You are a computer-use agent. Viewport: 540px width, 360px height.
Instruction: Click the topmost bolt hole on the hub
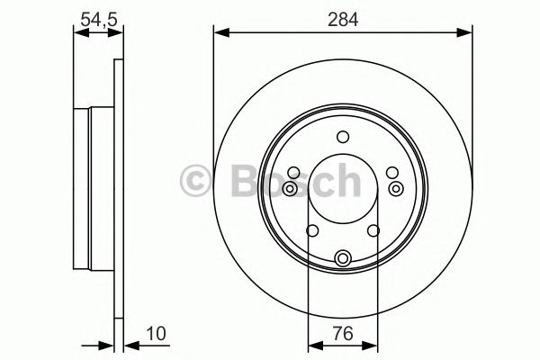[342, 137]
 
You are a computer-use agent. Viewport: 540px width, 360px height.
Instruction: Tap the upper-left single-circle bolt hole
[293, 173]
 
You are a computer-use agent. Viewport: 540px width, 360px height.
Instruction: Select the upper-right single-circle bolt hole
[391, 173]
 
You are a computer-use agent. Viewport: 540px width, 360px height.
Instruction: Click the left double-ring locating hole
[289, 188]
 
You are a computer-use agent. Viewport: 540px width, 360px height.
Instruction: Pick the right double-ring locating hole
[396, 188]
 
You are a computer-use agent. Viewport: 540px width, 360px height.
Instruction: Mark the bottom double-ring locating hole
[342, 259]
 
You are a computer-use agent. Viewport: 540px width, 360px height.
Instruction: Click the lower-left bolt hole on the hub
[311, 231]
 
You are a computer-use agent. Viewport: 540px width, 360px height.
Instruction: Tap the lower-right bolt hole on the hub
[373, 231]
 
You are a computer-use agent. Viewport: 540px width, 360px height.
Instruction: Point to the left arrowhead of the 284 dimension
[219, 33]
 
